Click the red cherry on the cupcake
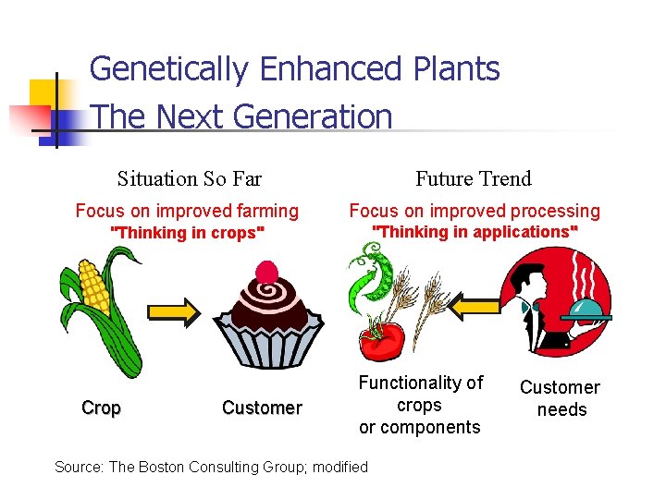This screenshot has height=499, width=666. (266, 272)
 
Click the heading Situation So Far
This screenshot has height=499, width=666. (190, 178)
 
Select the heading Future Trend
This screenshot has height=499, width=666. (474, 178)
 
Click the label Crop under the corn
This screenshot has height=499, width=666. (101, 408)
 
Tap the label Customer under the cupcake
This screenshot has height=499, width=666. (262, 408)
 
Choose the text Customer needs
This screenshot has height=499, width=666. (561, 398)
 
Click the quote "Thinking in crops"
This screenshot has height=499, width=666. (188, 233)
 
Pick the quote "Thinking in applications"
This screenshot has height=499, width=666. (475, 232)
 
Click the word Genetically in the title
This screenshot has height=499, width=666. (169, 69)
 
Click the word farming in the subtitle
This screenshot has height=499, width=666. (267, 212)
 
